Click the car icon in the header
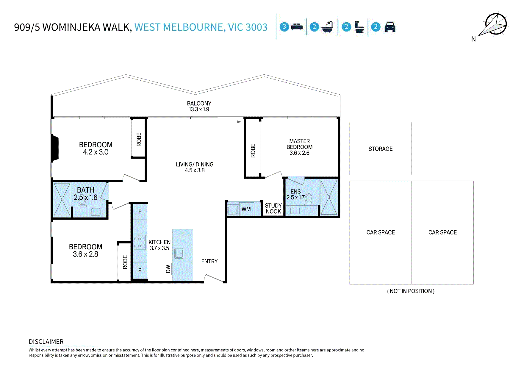390,27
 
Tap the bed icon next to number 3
297,27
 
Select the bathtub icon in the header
328,27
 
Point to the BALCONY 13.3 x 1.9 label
199,106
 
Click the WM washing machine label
246,209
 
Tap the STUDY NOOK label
273,209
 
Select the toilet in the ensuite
309,199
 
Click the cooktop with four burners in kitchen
140,242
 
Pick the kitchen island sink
179,253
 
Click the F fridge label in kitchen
140,212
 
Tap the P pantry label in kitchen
140,270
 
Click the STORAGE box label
380,149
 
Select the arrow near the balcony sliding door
230,122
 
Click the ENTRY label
209,261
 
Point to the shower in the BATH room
62,199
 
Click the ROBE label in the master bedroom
253,151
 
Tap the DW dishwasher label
168,269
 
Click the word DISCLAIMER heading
46,342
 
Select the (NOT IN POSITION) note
411,291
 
